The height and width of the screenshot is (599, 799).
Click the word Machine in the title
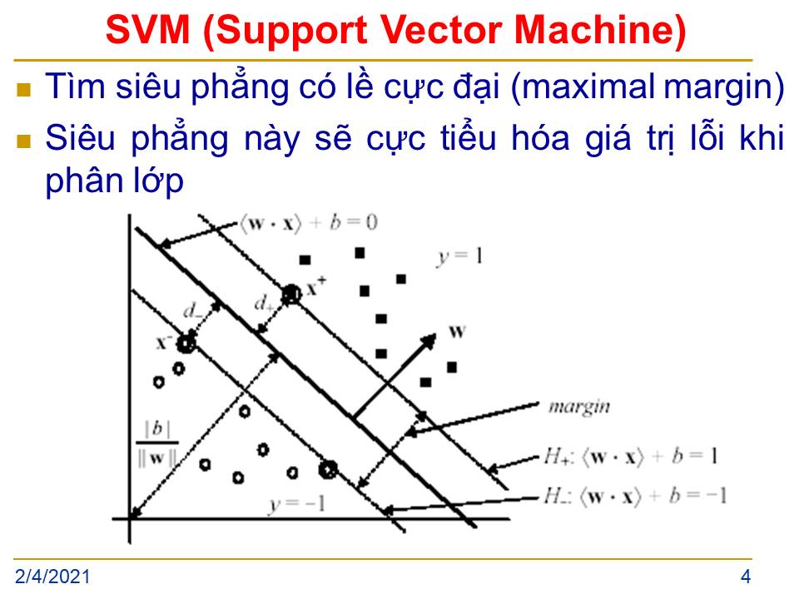(x=600, y=30)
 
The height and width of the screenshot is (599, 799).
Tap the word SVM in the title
(x=148, y=30)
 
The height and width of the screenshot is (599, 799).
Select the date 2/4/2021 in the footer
(x=52, y=577)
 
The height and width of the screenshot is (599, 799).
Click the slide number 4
(x=746, y=577)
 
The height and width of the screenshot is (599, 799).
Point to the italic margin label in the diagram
(x=579, y=407)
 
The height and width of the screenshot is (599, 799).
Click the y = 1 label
(x=459, y=257)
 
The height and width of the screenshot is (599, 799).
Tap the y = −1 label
(x=297, y=504)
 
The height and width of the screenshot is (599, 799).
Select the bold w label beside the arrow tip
(x=457, y=332)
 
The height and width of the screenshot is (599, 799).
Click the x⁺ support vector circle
(x=291, y=295)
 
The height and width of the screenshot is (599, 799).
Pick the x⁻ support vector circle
(x=186, y=344)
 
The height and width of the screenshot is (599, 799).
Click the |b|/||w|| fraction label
(x=157, y=443)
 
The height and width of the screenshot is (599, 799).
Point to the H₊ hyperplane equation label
(x=631, y=456)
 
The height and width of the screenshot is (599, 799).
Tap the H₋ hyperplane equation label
(x=635, y=496)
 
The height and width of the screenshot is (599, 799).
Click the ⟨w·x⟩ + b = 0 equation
(x=309, y=223)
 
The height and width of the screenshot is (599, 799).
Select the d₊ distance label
(x=264, y=303)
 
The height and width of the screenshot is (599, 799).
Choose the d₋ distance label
(x=192, y=309)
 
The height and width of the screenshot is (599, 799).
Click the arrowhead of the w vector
(x=429, y=340)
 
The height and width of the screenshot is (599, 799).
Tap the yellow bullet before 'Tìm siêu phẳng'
(x=24, y=90)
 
